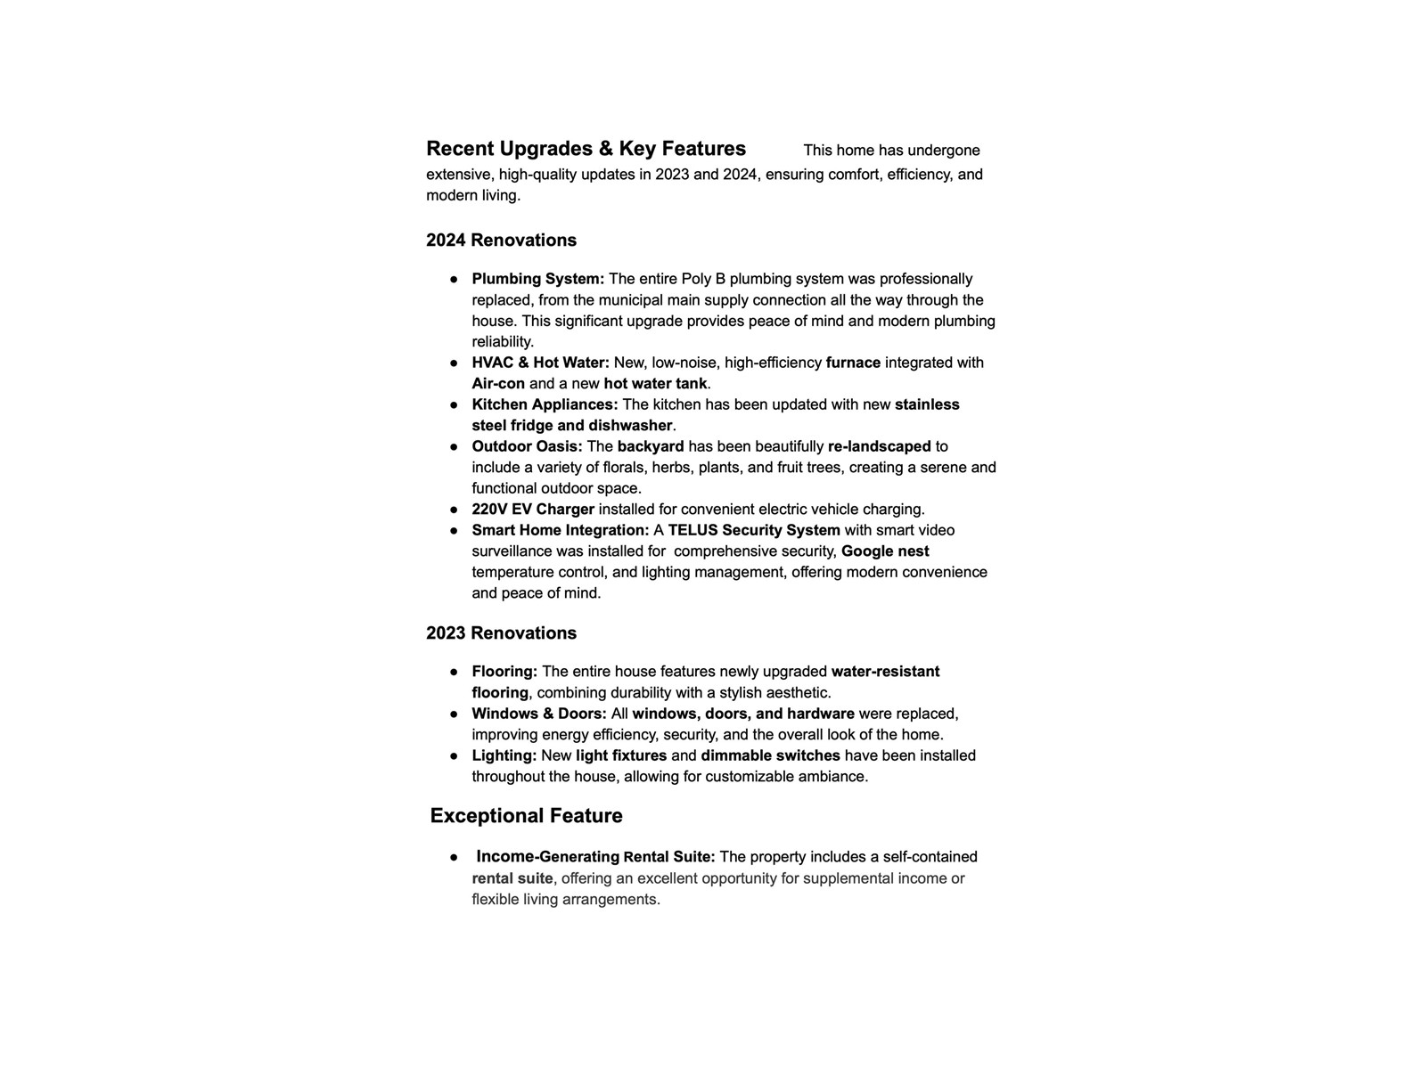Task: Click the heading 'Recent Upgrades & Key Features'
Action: point(586,149)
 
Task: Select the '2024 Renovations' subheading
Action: point(501,241)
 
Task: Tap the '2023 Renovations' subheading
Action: point(501,633)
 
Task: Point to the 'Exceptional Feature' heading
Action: point(526,816)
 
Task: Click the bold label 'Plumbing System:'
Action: point(538,279)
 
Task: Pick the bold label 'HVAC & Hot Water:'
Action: point(541,363)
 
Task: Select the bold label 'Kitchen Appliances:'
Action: point(545,404)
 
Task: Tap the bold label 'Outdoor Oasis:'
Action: point(527,446)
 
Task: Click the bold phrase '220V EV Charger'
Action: point(533,510)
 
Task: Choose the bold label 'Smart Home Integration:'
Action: point(561,530)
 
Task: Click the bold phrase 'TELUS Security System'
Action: point(754,530)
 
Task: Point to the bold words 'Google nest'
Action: point(885,551)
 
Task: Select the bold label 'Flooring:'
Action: point(504,672)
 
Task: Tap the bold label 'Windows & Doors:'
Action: point(539,714)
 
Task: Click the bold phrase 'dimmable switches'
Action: point(770,755)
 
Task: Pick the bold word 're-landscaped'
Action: point(879,446)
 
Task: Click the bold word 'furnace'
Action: point(853,363)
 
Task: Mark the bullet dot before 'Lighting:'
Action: point(454,755)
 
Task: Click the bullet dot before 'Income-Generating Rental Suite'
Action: point(454,857)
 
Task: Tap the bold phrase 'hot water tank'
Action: point(655,384)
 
